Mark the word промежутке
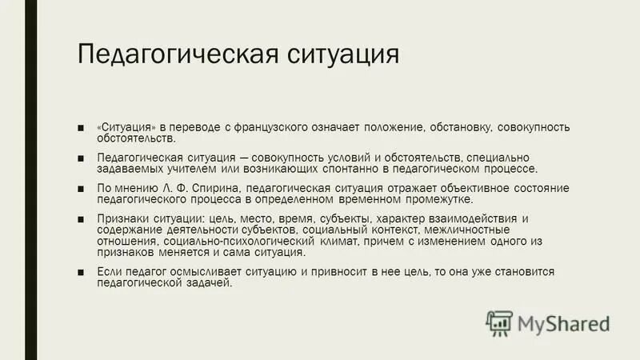click(434, 200)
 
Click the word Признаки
click(122, 219)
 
